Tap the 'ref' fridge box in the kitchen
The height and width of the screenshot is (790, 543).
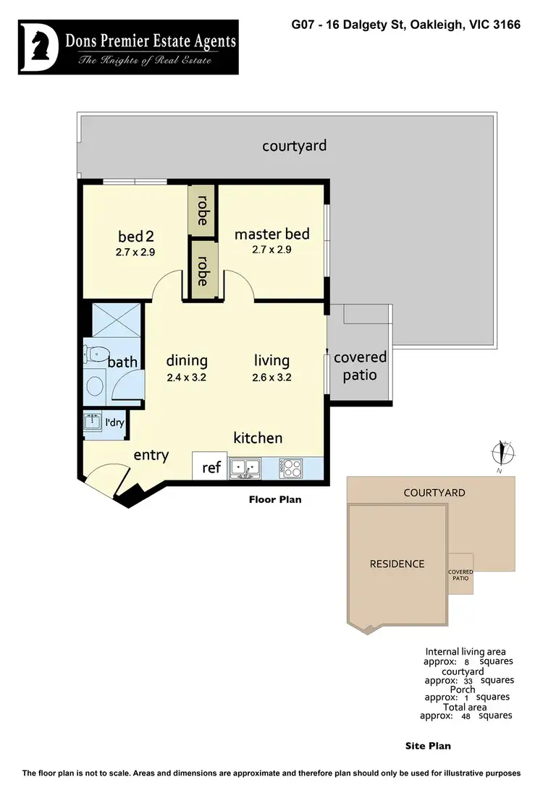pyautogui.click(x=211, y=467)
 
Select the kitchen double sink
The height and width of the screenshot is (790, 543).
pyautogui.click(x=245, y=469)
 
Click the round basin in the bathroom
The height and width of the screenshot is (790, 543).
pyautogui.click(x=95, y=385)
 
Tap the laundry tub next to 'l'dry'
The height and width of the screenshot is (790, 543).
pyautogui.click(x=92, y=422)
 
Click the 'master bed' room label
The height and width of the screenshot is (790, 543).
pyautogui.click(x=271, y=234)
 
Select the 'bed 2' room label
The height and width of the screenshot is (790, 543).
pyautogui.click(x=136, y=237)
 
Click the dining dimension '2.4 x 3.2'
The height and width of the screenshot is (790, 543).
pyautogui.click(x=187, y=376)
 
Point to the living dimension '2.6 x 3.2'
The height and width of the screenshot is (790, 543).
pyautogui.click(x=271, y=376)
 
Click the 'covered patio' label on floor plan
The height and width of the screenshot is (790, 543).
pyautogui.click(x=360, y=366)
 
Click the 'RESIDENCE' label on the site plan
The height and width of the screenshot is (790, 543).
pyautogui.click(x=397, y=564)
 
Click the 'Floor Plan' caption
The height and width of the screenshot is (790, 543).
pyautogui.click(x=275, y=499)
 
